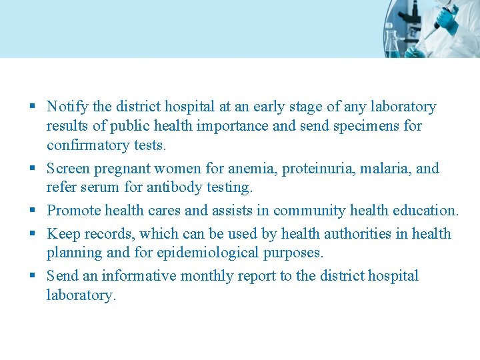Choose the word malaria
[385, 168]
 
